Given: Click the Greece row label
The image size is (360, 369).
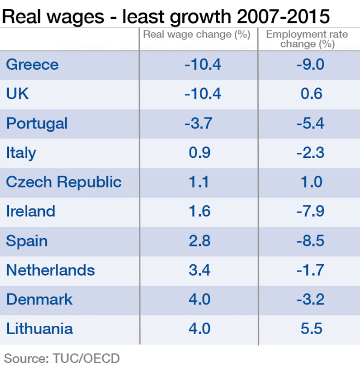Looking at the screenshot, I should (32, 65).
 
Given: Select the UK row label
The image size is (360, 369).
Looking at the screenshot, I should (17, 94).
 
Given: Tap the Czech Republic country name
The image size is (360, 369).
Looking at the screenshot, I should (64, 182).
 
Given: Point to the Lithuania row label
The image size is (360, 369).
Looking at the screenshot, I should (39, 329).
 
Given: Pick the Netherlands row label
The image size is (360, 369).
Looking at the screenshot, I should (50, 270).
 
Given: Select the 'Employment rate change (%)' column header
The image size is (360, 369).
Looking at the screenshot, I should (307, 39).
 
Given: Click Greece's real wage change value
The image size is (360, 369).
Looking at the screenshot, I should (202, 65).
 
